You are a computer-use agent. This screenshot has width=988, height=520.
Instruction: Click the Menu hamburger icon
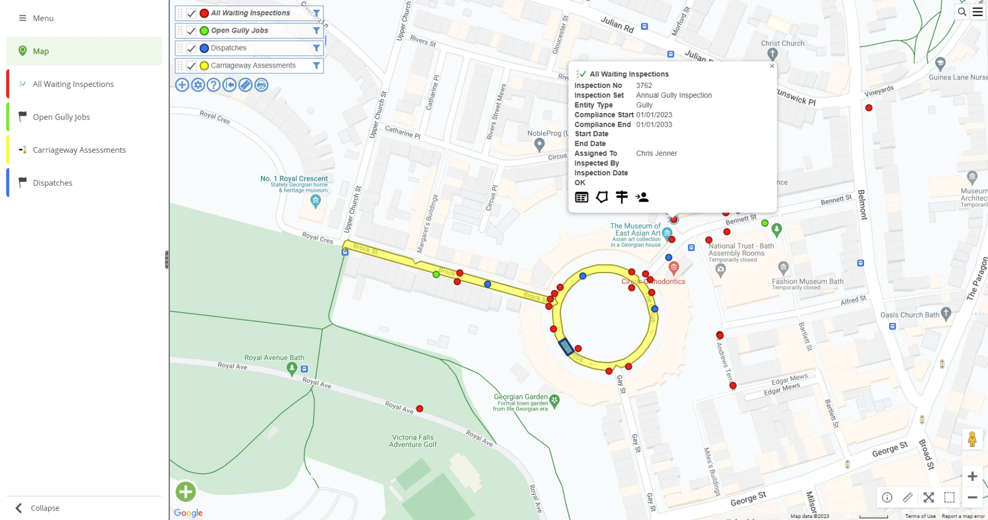(22, 18)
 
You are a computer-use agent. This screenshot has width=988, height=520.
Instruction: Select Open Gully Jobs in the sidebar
(61, 117)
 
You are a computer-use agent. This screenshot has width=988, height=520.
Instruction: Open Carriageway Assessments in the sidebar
(79, 150)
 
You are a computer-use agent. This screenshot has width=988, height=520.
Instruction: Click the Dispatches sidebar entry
(52, 183)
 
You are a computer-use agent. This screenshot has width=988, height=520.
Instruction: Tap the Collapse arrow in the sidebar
(19, 508)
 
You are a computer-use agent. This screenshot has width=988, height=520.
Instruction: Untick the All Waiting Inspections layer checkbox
(191, 13)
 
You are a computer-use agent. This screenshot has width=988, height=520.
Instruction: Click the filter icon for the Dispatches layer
(316, 48)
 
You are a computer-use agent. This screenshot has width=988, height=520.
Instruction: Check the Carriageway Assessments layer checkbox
(191, 66)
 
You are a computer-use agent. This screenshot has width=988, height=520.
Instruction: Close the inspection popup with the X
(772, 66)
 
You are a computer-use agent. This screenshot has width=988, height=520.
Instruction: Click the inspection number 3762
(644, 85)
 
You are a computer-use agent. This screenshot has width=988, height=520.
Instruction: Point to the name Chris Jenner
(657, 154)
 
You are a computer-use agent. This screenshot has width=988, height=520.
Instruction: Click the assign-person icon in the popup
(642, 198)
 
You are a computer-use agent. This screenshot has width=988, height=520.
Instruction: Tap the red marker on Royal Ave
(419, 409)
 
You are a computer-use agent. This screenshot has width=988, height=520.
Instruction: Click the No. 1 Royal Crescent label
(294, 179)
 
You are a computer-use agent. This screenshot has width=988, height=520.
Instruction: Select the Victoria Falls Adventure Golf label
(412, 441)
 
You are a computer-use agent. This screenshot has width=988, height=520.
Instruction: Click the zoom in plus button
(972, 477)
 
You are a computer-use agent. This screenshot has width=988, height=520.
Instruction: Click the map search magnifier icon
(962, 12)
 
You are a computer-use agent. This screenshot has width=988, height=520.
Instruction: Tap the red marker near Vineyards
(869, 108)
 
